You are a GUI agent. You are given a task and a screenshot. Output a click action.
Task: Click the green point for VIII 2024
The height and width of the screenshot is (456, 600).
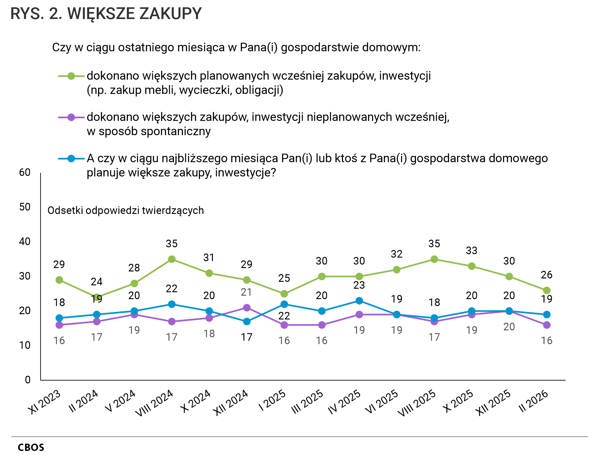coord(172,259)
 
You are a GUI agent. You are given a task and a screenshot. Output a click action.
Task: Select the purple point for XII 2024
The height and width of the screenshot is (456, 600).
coord(247,308)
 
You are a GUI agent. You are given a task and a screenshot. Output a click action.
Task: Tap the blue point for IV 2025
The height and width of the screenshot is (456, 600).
coord(359,301)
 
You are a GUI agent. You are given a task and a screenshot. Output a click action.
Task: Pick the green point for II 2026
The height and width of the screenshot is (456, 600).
coord(547,290)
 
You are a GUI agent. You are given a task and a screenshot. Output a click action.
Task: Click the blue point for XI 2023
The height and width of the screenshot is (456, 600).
coord(59,318)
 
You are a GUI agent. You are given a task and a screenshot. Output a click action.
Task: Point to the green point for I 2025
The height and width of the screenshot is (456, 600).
coord(284,294)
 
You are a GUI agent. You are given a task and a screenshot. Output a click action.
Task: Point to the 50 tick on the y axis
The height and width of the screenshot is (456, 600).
coord(25,207)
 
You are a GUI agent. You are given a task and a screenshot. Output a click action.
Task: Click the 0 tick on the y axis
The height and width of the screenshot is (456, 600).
coord(28,380)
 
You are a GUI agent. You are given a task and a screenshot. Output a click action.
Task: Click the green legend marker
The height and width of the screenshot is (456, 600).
coord(71,76)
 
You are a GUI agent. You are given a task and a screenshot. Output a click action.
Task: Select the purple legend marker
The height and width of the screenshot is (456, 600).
coord(71,117)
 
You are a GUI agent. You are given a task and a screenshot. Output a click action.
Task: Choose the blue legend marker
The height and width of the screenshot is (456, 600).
coord(71,159)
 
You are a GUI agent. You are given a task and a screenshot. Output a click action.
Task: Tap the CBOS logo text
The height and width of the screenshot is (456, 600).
coord(31,447)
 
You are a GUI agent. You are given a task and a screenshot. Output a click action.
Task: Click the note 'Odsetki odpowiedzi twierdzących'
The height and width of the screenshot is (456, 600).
coord(126,211)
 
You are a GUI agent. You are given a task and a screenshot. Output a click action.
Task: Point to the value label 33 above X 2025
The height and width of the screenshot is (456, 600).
coord(471,251)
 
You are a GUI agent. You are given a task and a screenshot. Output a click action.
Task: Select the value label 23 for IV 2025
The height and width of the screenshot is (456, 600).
coord(359,285)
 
